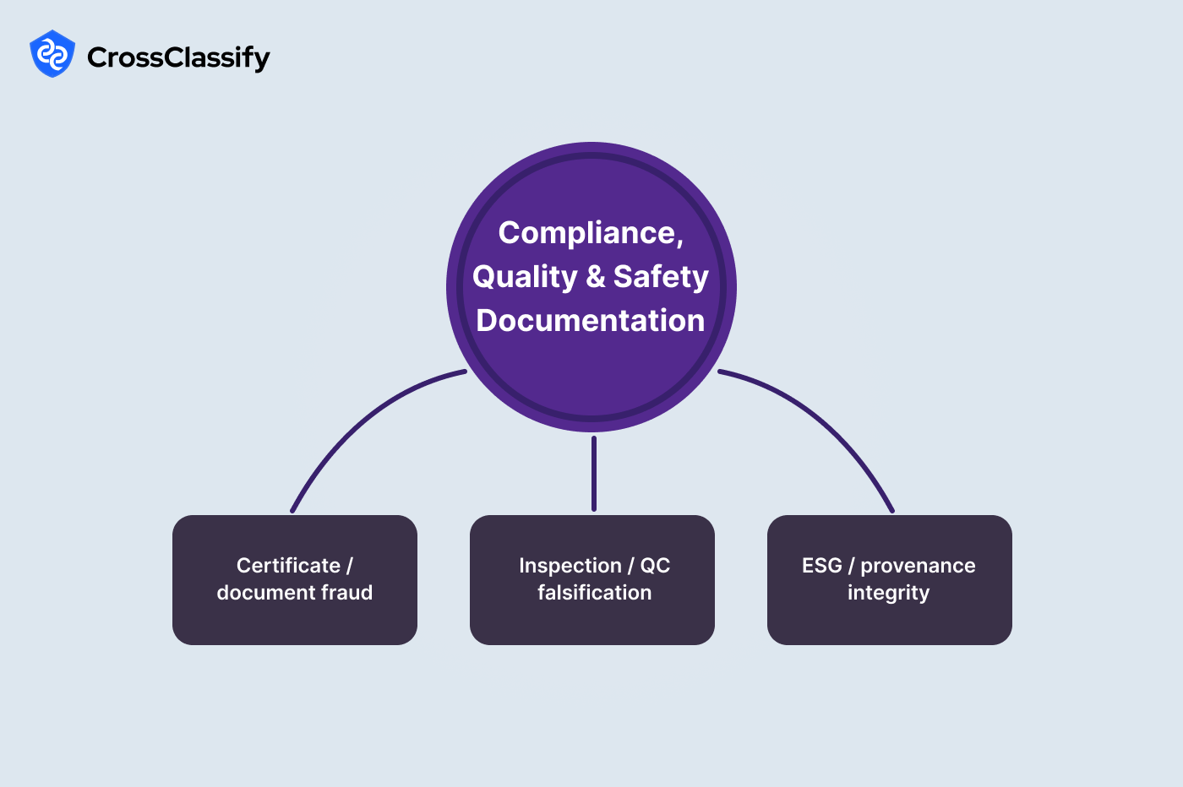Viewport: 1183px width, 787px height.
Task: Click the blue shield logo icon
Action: click(52, 54)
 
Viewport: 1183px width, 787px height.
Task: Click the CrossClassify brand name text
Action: click(178, 57)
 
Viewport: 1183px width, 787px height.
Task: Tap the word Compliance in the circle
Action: click(588, 232)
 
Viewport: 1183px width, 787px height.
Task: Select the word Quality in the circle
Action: click(524, 277)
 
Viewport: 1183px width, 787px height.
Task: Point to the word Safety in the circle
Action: click(661, 276)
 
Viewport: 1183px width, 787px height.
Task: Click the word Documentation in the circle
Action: click(591, 321)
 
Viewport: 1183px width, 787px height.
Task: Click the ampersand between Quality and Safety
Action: click(596, 277)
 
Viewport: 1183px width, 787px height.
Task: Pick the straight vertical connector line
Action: click(594, 473)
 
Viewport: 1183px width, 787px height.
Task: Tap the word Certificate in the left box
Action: click(288, 566)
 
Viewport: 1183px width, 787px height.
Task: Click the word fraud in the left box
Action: click(346, 593)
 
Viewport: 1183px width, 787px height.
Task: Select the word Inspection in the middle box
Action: click(570, 566)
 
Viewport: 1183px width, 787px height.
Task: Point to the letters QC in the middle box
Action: click(655, 566)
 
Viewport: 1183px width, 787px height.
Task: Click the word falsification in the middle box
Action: click(594, 593)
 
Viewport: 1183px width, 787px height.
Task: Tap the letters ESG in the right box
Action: click(821, 566)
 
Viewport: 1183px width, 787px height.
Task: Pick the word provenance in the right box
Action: click(918, 566)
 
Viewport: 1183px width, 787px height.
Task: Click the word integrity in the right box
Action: click(888, 594)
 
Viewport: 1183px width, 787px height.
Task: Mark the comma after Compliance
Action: click(679, 242)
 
